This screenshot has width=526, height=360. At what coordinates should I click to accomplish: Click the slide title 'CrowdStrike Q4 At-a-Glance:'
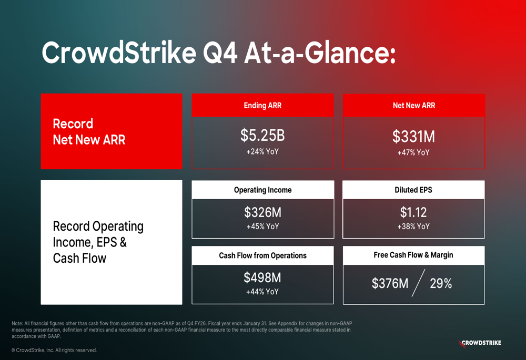pyautogui.click(x=218, y=54)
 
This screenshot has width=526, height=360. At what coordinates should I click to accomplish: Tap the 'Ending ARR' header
pyautogui.click(x=262, y=106)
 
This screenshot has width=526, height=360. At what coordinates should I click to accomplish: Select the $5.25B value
pyautogui.click(x=262, y=136)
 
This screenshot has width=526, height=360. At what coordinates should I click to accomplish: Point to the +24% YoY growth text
pyautogui.click(x=262, y=152)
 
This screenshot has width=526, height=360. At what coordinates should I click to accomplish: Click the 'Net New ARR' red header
pyautogui.click(x=413, y=106)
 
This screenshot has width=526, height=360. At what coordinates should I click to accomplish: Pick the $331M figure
pyautogui.click(x=413, y=137)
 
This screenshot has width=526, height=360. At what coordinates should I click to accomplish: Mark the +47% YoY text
pyautogui.click(x=413, y=153)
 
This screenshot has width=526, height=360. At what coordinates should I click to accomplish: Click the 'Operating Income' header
pyautogui.click(x=262, y=190)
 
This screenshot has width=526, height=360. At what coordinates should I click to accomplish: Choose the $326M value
pyautogui.click(x=262, y=212)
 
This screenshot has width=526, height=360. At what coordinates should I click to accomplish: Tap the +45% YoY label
pyautogui.click(x=262, y=227)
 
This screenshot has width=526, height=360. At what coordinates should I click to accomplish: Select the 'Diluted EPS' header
pyautogui.click(x=413, y=190)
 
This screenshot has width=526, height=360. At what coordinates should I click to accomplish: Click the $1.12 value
pyautogui.click(x=413, y=212)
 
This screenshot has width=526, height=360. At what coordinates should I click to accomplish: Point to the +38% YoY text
pyautogui.click(x=413, y=227)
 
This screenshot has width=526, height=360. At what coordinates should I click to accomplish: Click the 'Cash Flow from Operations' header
pyautogui.click(x=262, y=256)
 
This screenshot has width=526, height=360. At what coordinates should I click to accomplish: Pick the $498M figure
pyautogui.click(x=262, y=277)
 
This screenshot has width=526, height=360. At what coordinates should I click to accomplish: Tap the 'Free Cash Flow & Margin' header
pyautogui.click(x=413, y=255)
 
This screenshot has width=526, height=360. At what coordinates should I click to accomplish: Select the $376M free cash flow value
pyautogui.click(x=390, y=284)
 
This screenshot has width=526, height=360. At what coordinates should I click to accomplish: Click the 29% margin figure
pyautogui.click(x=441, y=284)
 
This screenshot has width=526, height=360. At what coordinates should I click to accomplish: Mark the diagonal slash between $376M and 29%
pyautogui.click(x=418, y=284)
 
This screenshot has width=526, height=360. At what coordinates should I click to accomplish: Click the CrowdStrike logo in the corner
pyautogui.click(x=480, y=343)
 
